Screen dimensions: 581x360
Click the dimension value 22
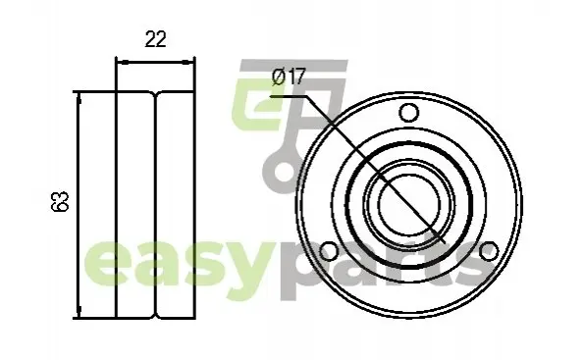(x=156, y=39)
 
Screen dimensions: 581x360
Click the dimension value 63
(x=60, y=201)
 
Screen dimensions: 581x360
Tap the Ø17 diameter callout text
(x=289, y=77)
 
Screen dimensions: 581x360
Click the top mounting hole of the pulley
(x=408, y=113)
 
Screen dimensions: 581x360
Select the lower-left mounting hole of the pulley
(x=329, y=251)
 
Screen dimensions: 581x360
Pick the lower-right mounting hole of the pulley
(x=489, y=251)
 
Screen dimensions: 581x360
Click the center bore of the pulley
(x=409, y=205)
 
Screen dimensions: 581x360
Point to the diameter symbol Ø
(x=279, y=77)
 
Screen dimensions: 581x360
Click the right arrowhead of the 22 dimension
(x=188, y=62)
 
